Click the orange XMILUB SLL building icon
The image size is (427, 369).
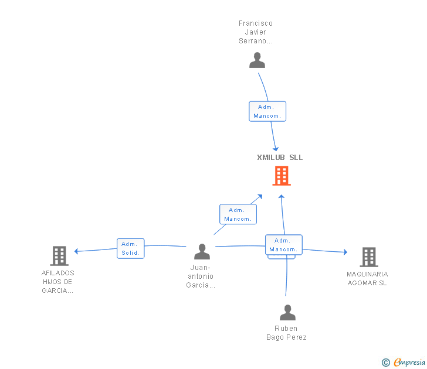click(x=282, y=176)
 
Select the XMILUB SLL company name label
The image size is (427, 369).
click(x=280, y=158)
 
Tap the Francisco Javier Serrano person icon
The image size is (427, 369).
click(x=257, y=60)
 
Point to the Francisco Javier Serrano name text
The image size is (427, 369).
click(x=256, y=32)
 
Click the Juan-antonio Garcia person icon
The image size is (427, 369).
click(x=202, y=252)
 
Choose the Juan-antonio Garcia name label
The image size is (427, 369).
click(x=200, y=276)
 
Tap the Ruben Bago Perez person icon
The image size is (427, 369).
click(x=287, y=313)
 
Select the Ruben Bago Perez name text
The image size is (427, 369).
click(x=286, y=333)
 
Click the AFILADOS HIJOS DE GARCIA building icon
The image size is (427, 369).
click(x=59, y=256)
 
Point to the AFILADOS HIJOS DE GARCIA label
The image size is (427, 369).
click(x=58, y=282)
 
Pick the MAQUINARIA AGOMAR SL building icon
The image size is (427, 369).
click(x=368, y=257)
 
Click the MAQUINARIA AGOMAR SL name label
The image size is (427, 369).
click(x=367, y=279)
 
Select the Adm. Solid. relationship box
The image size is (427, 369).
click(x=130, y=248)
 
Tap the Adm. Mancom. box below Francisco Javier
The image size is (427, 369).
click(x=267, y=111)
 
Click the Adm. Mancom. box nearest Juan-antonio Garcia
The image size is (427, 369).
click(x=238, y=214)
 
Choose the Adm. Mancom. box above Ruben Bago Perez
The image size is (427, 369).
click(x=283, y=245)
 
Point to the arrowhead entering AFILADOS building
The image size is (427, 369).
click(x=76, y=251)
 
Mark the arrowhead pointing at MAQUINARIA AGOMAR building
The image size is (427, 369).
click(x=345, y=252)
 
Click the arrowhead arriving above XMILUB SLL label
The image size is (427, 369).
click(x=276, y=149)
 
